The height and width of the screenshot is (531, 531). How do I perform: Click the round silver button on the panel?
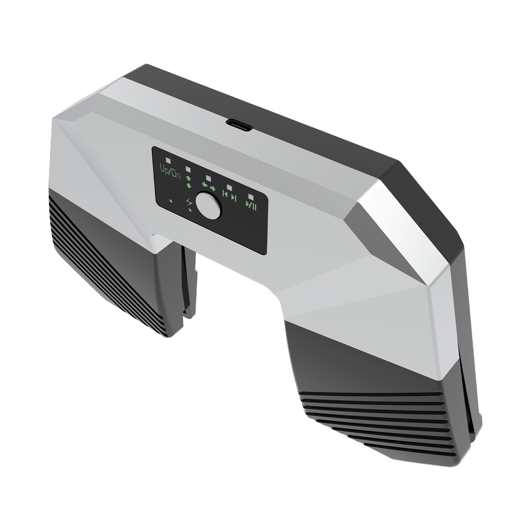point(208,205)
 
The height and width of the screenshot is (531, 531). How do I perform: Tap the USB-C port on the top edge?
point(239,125)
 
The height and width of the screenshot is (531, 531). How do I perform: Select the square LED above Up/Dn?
point(168,160)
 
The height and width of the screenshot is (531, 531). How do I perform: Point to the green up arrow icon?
point(188,179)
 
